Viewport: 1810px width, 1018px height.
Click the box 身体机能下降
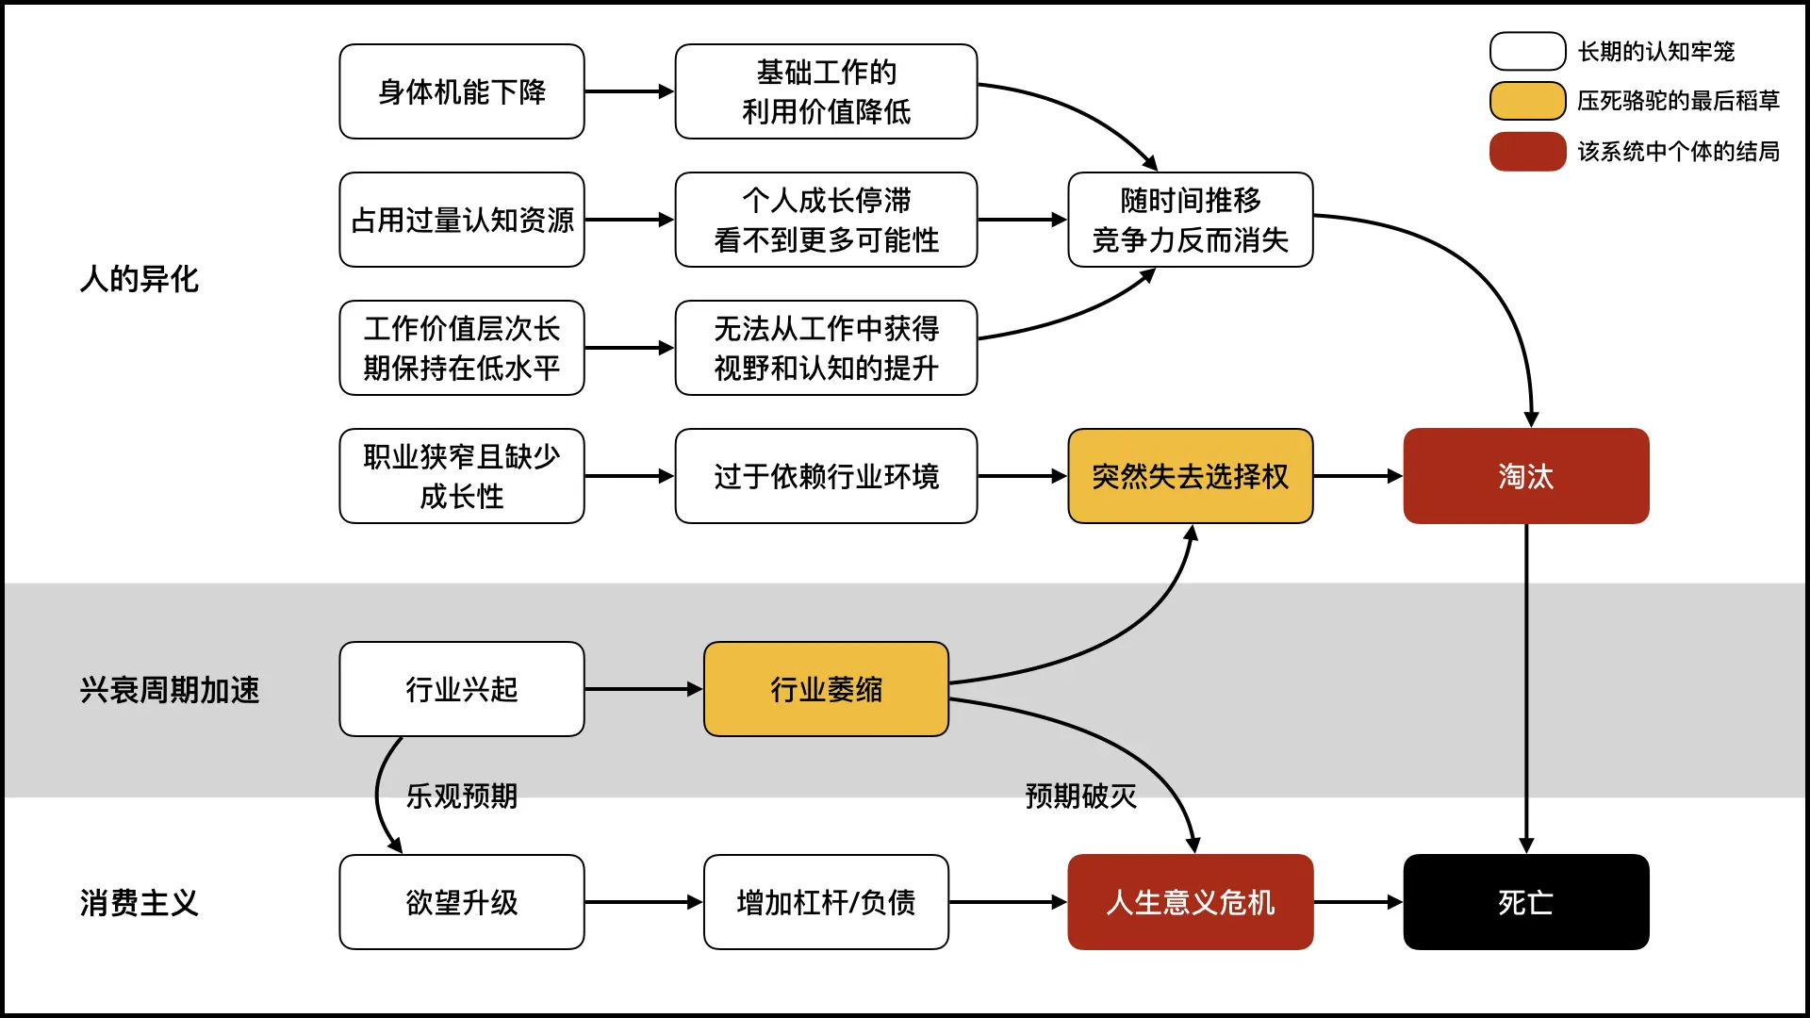coord(462,91)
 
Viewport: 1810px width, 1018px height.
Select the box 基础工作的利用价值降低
coord(826,91)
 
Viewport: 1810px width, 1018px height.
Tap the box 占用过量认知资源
coord(462,220)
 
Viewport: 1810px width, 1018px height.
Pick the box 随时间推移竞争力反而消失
coord(1190,220)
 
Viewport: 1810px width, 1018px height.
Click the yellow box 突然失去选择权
coord(1190,476)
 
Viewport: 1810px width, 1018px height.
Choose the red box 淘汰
coord(1525,476)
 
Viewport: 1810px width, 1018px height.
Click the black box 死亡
coord(1525,902)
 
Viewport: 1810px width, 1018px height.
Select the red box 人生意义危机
coord(1190,902)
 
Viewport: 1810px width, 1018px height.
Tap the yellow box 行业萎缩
coord(826,689)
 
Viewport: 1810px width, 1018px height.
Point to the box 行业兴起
coord(462,689)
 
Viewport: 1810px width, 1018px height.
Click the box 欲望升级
coord(462,902)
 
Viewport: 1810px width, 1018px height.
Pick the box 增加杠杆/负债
coord(826,902)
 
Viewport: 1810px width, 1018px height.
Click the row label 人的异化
coord(140,279)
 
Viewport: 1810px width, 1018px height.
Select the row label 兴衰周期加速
coord(170,690)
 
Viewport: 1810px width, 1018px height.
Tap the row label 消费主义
coord(140,903)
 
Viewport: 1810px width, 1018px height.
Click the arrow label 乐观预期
coord(462,796)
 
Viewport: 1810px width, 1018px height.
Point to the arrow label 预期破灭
coord(1080,796)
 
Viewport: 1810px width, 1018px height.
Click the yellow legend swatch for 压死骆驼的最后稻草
coord(1527,101)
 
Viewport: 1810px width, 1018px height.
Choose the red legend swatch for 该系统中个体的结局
coord(1527,151)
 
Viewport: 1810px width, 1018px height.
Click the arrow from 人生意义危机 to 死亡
coord(1357,902)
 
